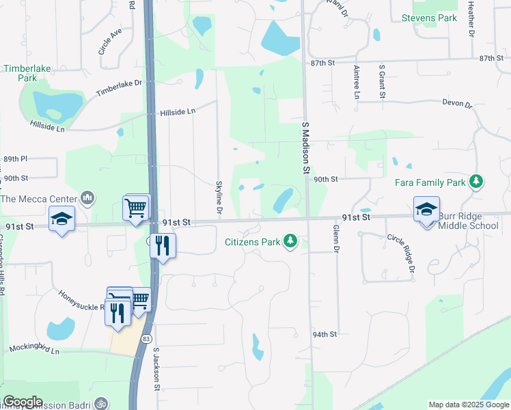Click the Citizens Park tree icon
click(291, 241)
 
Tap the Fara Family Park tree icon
click(477, 182)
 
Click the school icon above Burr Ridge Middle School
click(426, 209)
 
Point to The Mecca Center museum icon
click(87, 199)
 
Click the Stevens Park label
click(429, 18)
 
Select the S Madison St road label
click(306, 147)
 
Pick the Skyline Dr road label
click(219, 197)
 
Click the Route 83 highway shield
click(146, 338)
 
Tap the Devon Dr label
click(457, 103)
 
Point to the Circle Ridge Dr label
click(401, 254)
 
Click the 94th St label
click(325, 334)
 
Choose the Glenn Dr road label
click(335, 238)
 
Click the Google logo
click(23, 402)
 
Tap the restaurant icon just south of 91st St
click(162, 245)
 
